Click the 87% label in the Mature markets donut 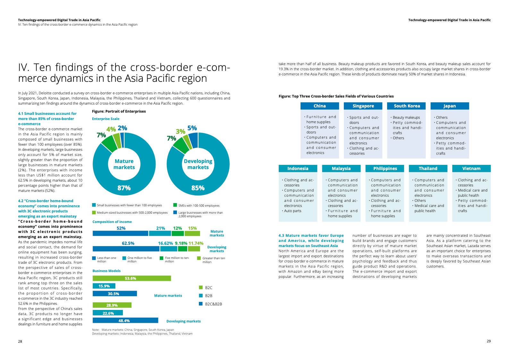pos(124,188)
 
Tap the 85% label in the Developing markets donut pos(198,188)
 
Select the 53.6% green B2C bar pos(131,278)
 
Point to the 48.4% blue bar pos(125,321)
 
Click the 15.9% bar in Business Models pos(104,286)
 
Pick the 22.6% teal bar pos(108,313)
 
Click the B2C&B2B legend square pos(201,304)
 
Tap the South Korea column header pos(407,106)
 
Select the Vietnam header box pos(471,168)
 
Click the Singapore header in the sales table pos(363,106)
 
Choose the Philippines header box pos(385,168)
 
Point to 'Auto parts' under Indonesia pos(293,211)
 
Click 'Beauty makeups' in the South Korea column pos(406,117)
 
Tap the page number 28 pos(20,341)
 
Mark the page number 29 pos(488,341)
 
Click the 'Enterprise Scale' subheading pos(106,119)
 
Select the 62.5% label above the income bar pos(128,243)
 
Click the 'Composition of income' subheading pos(112,222)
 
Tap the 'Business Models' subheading pos(106,271)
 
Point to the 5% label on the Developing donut pos(192,128)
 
